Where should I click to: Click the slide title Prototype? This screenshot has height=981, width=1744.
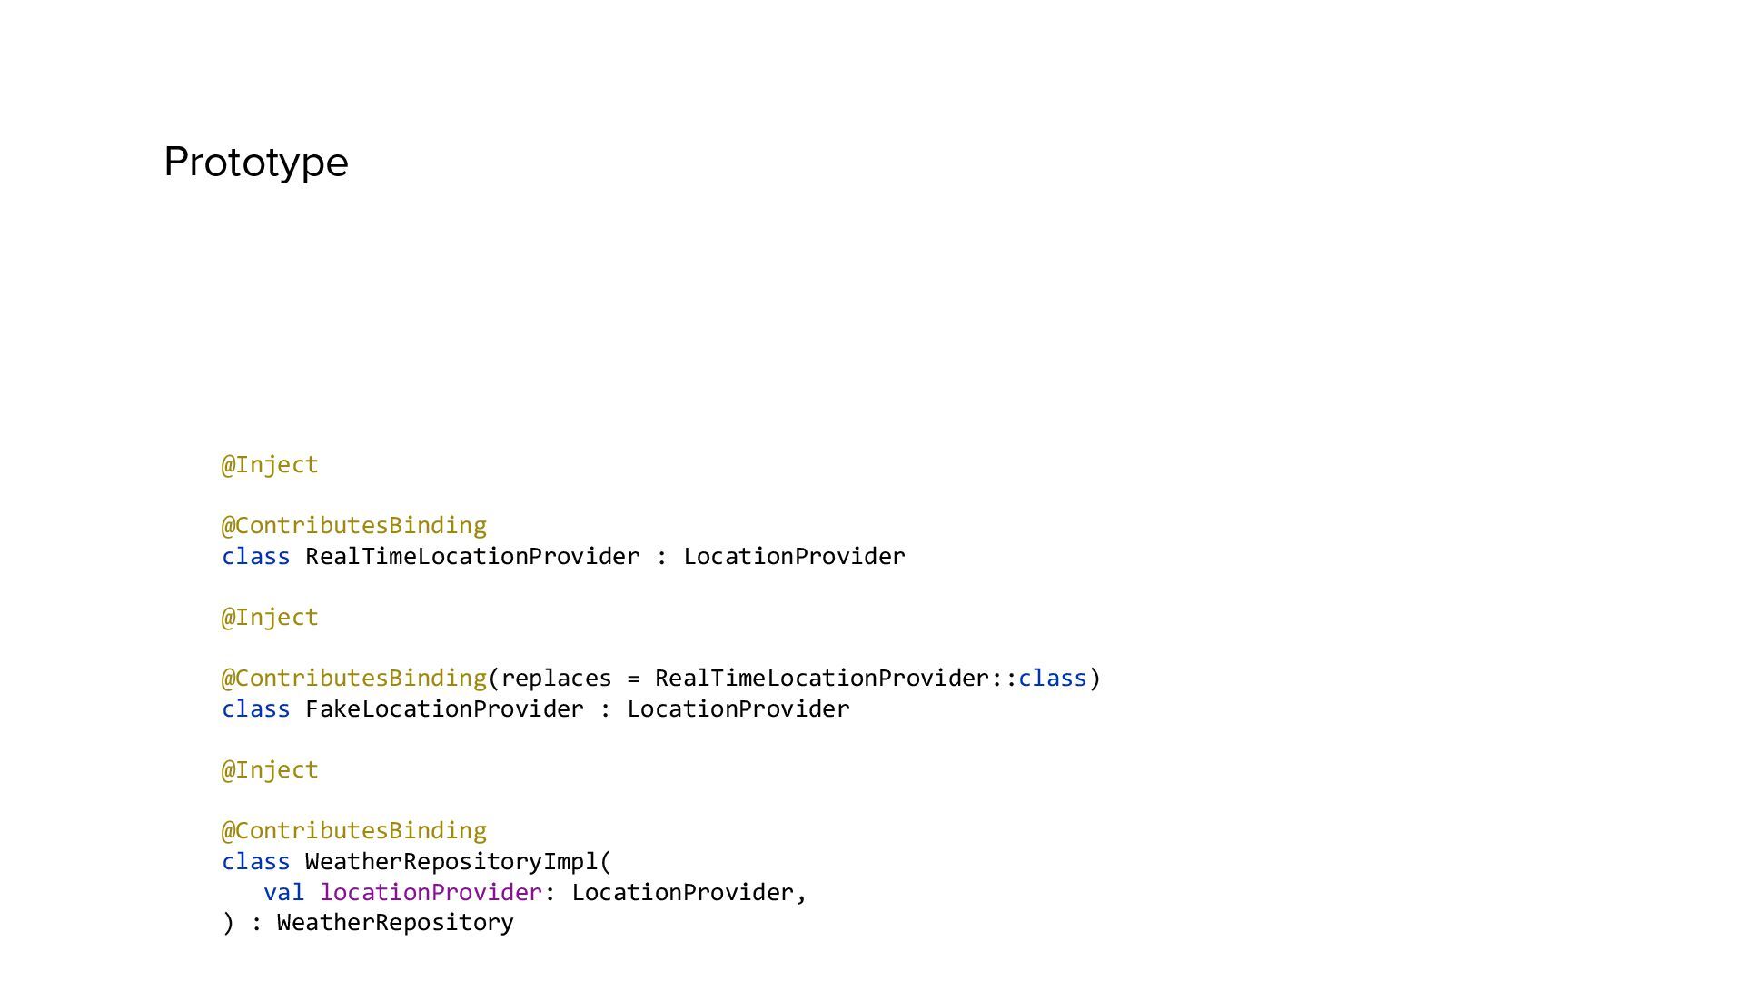(256, 163)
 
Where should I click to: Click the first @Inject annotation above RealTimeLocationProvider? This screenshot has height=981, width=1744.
(270, 465)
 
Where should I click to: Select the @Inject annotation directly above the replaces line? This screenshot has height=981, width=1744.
(270, 618)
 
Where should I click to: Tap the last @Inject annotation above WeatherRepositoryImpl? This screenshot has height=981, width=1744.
(270, 770)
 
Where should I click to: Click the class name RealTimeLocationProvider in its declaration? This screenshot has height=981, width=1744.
(472, 557)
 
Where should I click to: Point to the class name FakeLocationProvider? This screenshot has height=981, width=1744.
(444, 709)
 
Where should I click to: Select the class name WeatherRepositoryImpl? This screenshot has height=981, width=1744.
(451, 862)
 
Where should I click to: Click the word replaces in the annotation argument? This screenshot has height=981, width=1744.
(556, 679)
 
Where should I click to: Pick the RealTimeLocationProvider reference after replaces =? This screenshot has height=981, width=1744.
(821, 679)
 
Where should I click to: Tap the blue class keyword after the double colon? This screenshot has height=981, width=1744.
(1052, 679)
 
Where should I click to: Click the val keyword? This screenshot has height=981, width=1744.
(283, 893)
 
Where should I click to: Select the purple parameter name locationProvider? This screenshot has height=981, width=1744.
(431, 893)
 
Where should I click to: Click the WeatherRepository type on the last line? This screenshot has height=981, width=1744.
(395, 923)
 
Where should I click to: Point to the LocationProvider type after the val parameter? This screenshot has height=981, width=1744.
(682, 893)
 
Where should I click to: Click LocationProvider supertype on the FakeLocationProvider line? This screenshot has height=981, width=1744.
(738, 709)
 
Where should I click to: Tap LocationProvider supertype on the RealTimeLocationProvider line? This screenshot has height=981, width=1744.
(794, 557)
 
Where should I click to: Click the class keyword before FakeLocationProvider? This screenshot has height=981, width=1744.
(255, 709)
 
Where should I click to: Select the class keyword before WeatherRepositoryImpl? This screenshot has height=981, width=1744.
(255, 862)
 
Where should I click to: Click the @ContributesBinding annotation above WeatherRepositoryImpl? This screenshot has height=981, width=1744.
(354, 831)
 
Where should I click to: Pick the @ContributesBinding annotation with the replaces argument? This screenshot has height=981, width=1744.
(354, 679)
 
